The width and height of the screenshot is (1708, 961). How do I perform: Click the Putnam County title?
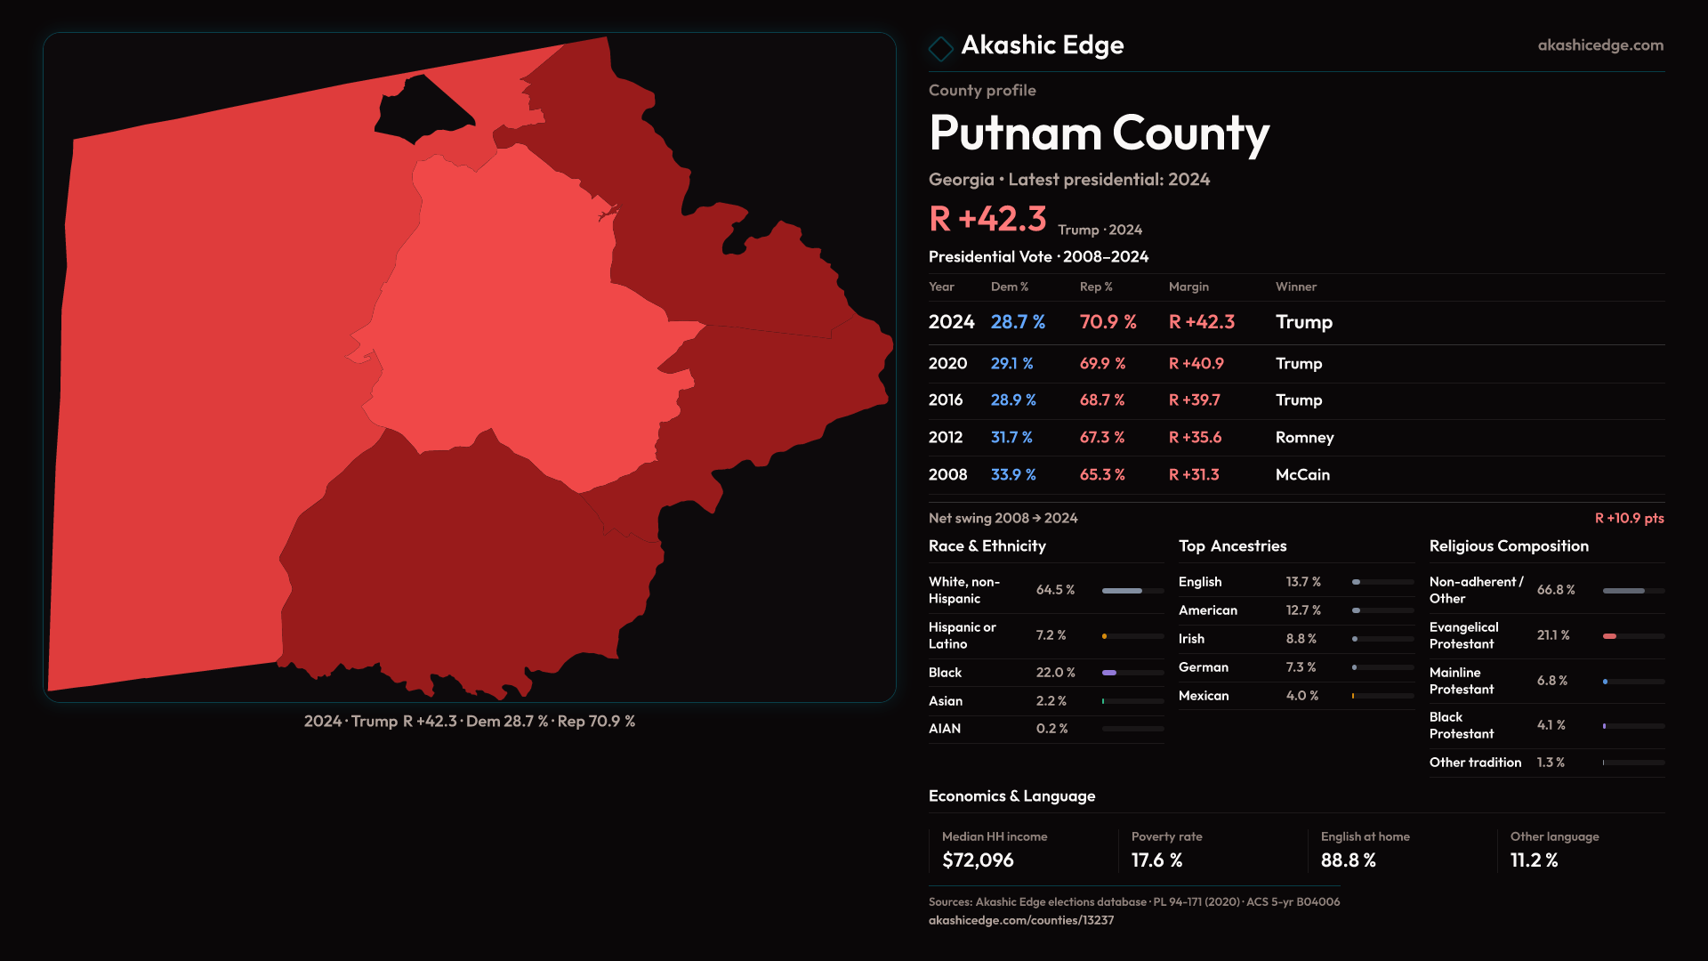click(1099, 133)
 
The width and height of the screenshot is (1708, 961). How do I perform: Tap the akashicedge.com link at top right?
click(1600, 44)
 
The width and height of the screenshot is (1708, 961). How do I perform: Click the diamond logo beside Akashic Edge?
click(940, 48)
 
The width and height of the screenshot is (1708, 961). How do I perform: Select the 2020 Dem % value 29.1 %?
click(1011, 363)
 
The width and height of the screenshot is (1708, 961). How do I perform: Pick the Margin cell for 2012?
click(1195, 437)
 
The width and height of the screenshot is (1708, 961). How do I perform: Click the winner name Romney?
click(1304, 437)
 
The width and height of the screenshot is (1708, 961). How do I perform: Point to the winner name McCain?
click(1302, 474)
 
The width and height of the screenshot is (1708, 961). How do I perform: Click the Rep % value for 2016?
click(1102, 400)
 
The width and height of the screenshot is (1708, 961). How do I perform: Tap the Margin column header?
click(1188, 287)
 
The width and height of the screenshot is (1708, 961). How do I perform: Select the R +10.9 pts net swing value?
click(1629, 518)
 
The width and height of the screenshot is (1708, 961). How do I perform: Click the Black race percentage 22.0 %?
click(1055, 672)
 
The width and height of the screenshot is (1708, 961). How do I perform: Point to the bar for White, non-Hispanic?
click(1132, 590)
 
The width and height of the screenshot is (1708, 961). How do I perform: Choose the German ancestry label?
click(1203, 666)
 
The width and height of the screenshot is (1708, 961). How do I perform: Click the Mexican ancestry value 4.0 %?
click(1301, 695)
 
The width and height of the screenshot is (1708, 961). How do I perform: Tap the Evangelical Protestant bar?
click(1632, 636)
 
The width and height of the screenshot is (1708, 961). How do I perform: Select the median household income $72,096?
click(978, 860)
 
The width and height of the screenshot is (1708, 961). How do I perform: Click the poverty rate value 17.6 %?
click(1156, 860)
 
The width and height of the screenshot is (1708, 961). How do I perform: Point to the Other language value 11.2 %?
click(1534, 860)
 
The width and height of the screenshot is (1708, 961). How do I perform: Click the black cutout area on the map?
click(420, 109)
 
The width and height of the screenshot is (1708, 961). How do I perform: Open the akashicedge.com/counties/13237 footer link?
click(1020, 920)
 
